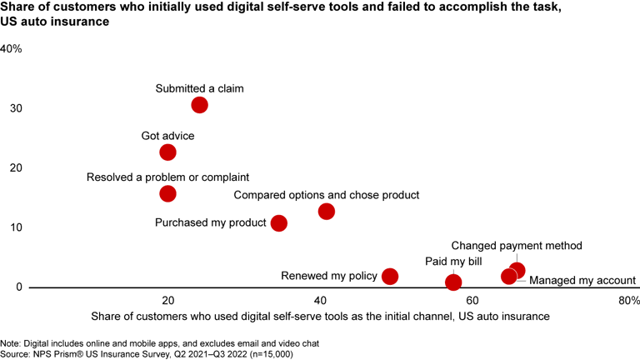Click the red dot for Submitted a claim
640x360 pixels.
[199, 105]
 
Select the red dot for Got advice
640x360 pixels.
[167, 152]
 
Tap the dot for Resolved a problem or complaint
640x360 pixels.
[167, 193]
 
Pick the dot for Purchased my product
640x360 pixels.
[279, 223]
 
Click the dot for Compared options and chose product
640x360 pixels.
[326, 212]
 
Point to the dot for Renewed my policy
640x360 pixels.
[389, 276]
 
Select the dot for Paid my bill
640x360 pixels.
[453, 282]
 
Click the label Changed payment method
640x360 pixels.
[517, 246]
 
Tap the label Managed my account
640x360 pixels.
[582, 281]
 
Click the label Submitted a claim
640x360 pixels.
[199, 87]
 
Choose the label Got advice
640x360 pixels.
[167, 135]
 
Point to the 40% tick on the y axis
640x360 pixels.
[11, 49]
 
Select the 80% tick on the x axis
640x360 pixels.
[628, 300]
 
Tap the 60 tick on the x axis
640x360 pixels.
[472, 300]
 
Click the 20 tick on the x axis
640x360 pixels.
[167, 300]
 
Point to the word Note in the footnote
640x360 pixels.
[11, 343]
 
